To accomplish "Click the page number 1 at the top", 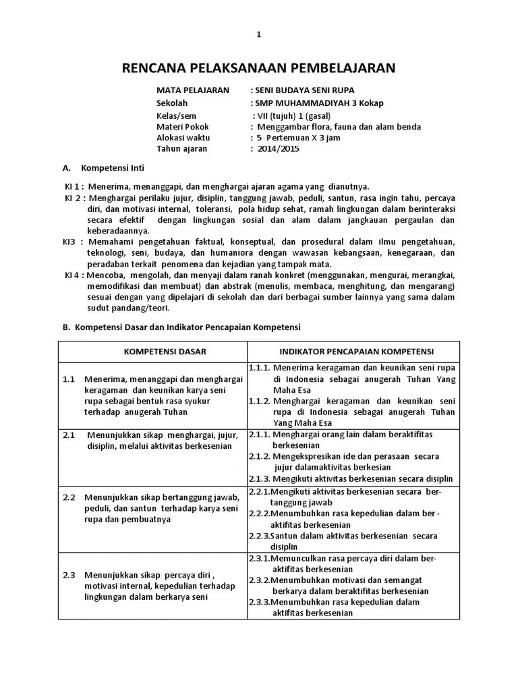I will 258,35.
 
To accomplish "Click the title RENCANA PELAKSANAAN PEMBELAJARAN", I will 258,67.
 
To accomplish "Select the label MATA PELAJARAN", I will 193,90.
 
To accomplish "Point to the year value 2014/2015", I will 279,149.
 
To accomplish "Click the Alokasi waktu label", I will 183,138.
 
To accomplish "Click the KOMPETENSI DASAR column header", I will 165,352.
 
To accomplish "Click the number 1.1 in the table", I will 69,380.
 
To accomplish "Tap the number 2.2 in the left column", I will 69,497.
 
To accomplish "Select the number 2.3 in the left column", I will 69,575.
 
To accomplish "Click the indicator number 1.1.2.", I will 260,401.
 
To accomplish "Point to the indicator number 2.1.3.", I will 260,478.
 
